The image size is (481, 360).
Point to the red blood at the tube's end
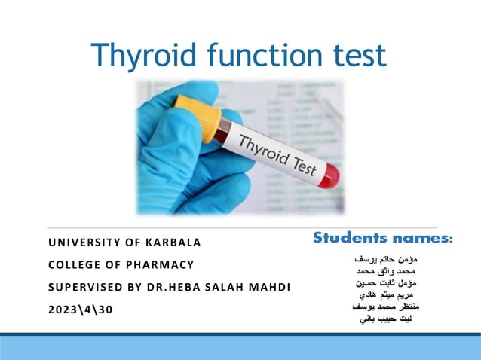click(326, 178)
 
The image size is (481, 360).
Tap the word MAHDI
click(268, 288)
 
